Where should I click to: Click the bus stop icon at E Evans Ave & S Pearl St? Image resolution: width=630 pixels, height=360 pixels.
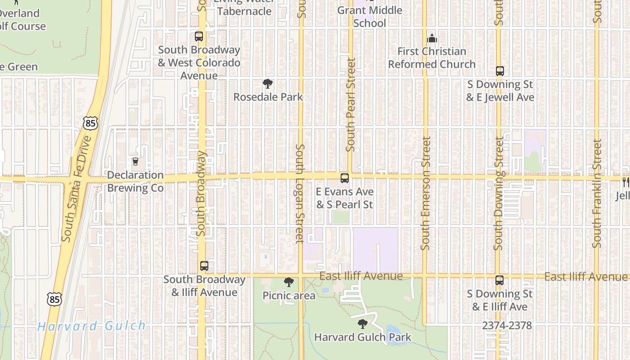coord(344,178)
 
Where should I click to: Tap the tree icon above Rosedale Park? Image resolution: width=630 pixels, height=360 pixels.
coord(268,84)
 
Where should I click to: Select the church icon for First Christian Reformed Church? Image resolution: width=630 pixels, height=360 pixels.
coord(432,38)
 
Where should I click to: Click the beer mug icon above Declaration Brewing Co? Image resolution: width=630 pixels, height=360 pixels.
coord(135,162)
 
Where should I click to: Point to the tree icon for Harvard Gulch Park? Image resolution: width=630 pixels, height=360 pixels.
coord(362,324)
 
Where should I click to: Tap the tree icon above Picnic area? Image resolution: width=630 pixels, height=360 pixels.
coord(289,282)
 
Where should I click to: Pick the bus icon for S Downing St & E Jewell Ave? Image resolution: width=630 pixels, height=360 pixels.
coord(499,71)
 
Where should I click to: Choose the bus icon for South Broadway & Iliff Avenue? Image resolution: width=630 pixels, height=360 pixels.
coord(204,266)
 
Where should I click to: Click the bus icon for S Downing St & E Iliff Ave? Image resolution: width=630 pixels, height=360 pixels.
coord(499,280)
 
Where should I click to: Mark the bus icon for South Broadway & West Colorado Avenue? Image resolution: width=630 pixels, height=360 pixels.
coord(198,36)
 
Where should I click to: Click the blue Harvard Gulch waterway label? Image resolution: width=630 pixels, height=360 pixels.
coord(92,326)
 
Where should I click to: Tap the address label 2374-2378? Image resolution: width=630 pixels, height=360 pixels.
coord(507,325)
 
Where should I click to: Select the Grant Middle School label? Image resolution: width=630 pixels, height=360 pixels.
coord(369,17)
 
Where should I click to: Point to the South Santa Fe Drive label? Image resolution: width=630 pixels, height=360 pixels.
coord(76,189)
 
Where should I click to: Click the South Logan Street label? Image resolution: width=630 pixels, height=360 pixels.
coord(300,193)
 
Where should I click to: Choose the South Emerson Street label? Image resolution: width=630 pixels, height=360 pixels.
coord(425,193)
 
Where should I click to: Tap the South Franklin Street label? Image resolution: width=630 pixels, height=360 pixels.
coord(597,193)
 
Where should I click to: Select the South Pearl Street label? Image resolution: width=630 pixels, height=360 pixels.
coord(351,104)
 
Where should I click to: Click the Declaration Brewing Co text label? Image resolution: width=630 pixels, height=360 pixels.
coord(135,181)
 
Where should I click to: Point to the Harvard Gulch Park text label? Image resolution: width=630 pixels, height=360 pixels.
coord(363,337)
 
